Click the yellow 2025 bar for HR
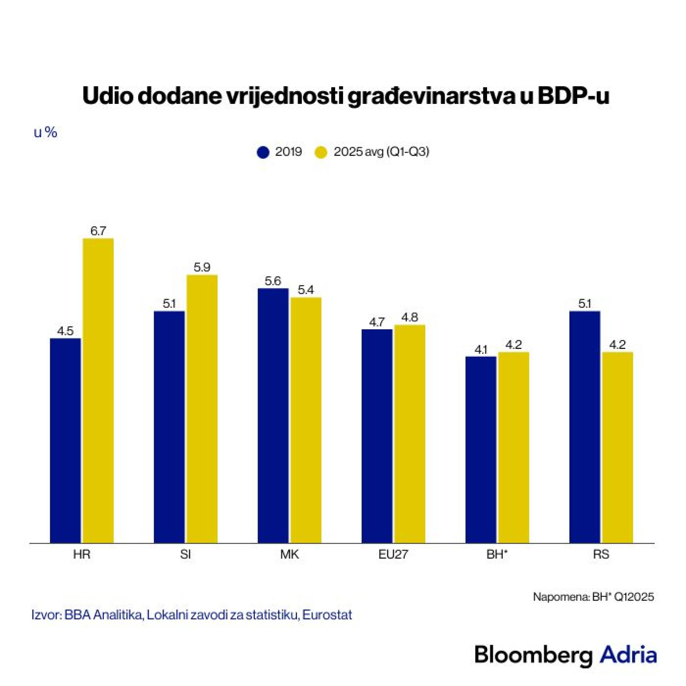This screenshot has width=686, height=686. (x=98, y=391)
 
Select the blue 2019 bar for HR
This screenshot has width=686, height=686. (x=65, y=441)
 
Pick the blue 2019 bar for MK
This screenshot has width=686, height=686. (x=273, y=416)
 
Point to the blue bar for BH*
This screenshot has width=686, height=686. (x=481, y=450)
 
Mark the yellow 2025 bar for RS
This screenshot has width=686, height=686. (x=617, y=447)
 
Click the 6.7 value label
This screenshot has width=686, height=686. (x=98, y=231)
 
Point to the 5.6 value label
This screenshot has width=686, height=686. (x=273, y=281)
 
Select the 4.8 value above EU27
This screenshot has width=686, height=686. (x=410, y=317)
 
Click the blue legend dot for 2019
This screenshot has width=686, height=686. (x=263, y=152)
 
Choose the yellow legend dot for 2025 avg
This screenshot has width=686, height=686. (x=321, y=152)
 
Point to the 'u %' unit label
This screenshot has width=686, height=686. (x=46, y=132)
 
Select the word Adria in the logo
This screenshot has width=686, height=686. (x=628, y=654)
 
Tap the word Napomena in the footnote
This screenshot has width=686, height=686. (x=561, y=597)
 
